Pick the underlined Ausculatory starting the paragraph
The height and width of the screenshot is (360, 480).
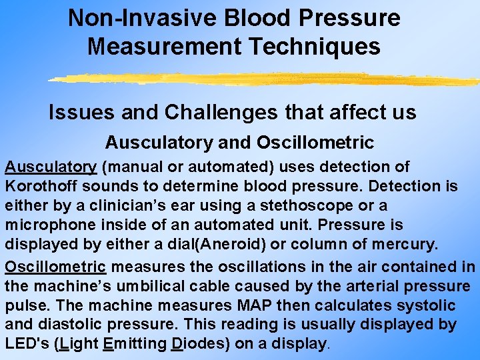[51, 167]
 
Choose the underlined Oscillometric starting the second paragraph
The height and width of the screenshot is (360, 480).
[55, 267]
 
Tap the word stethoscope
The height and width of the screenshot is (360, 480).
[304, 206]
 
